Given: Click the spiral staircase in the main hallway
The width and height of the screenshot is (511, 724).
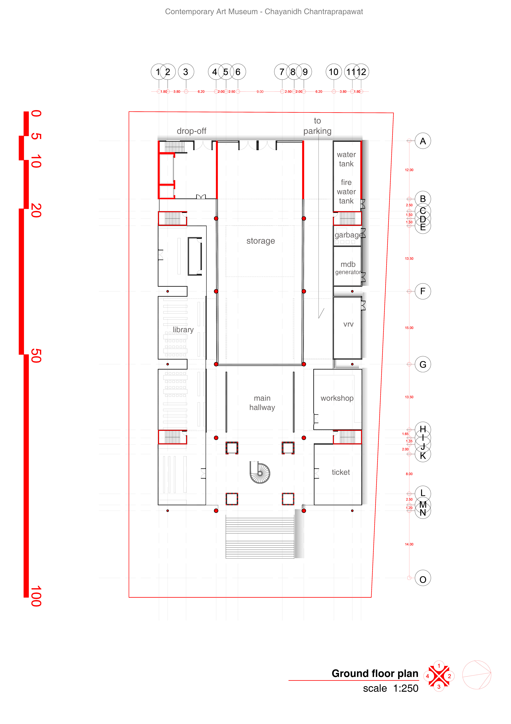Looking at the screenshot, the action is pos(260,473).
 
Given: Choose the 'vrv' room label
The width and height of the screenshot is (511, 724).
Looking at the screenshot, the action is pos(348,324).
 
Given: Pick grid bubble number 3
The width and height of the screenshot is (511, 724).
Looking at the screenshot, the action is pos(186,72).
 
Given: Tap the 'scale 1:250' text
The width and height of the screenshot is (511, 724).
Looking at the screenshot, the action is pos(390,688).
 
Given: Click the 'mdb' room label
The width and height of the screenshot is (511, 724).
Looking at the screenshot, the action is pos(348,264).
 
